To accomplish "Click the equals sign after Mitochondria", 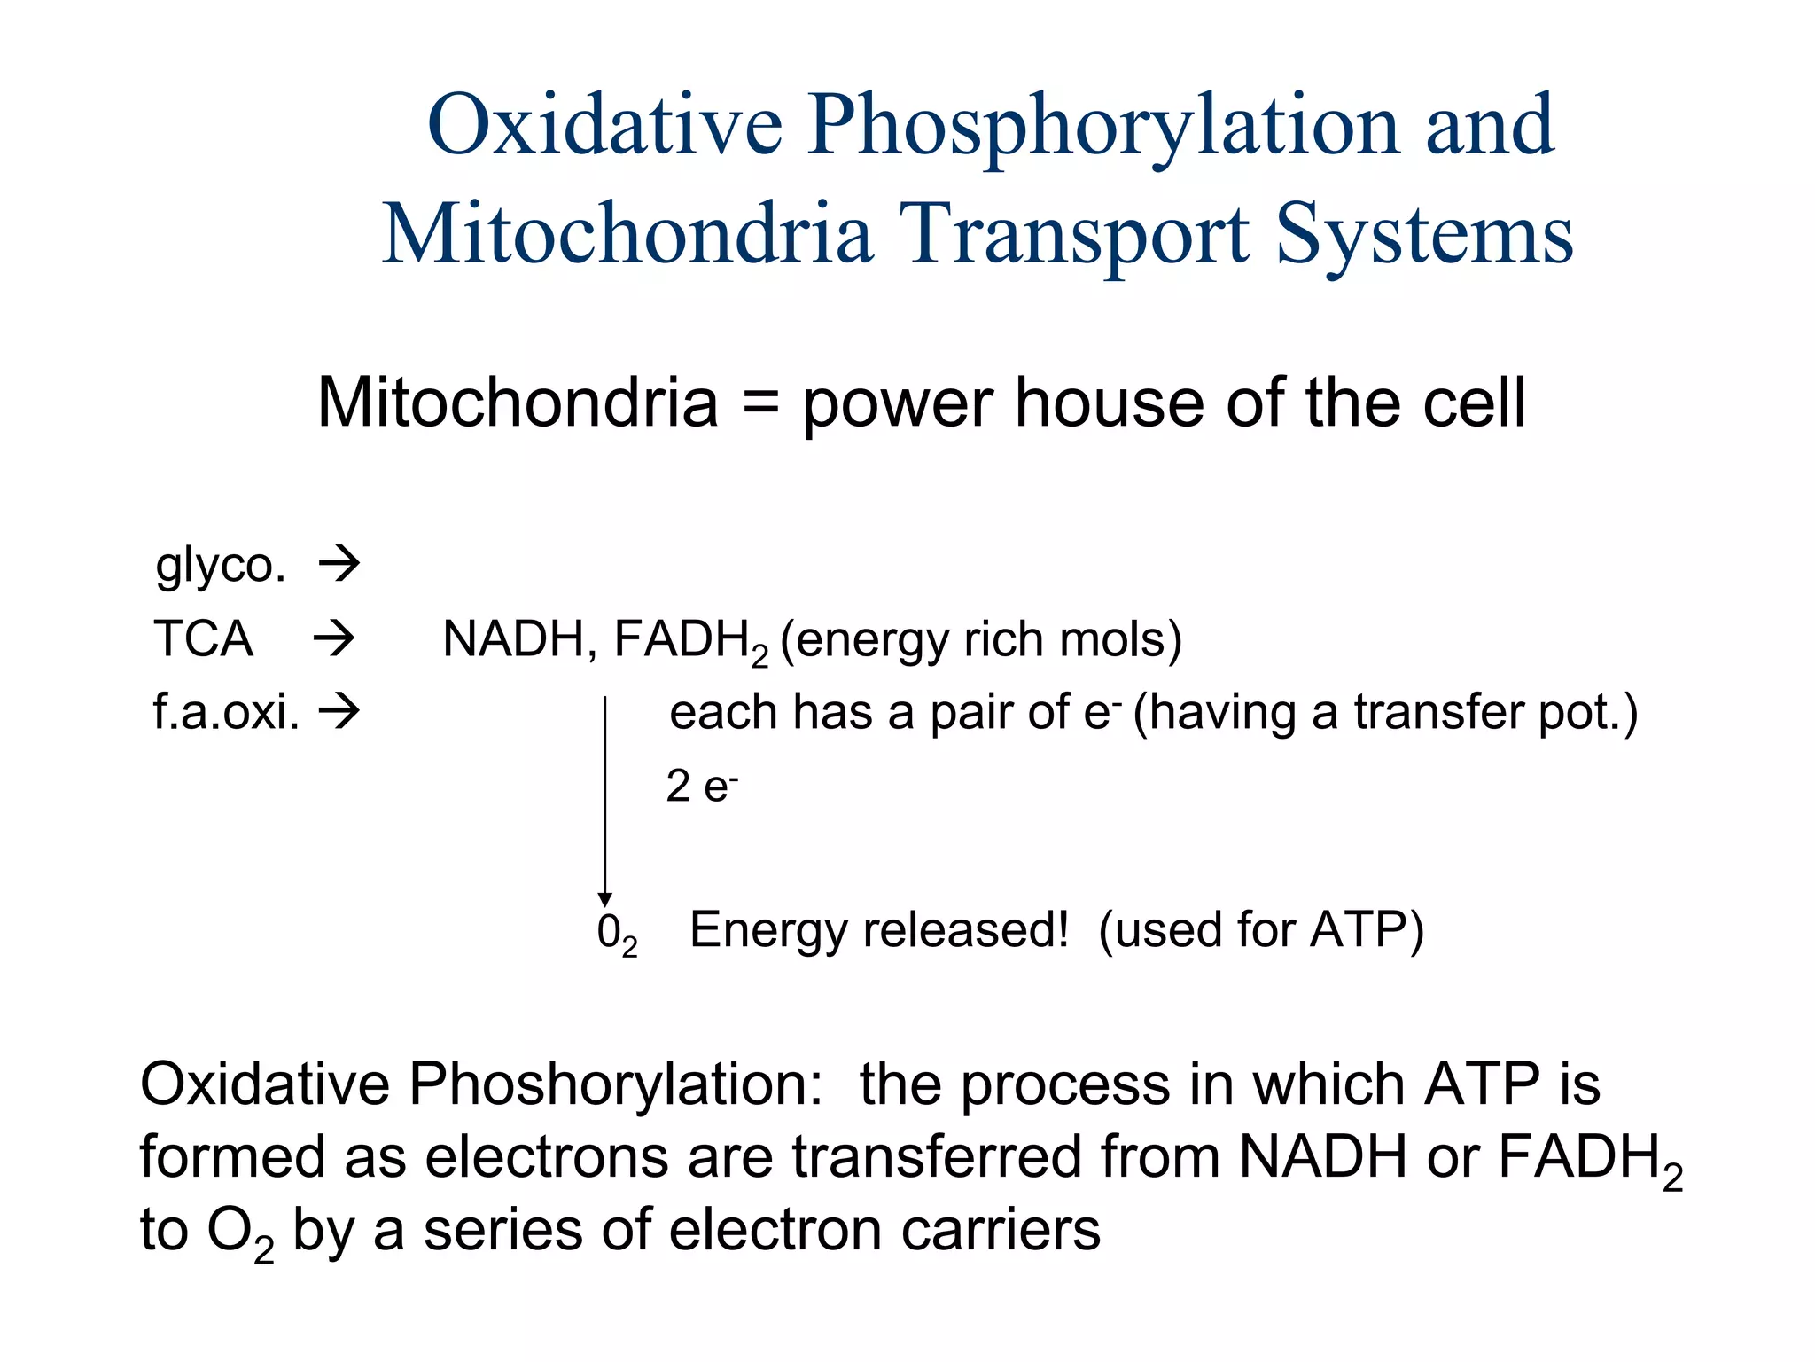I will coord(759,403).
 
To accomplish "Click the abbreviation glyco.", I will coord(221,566).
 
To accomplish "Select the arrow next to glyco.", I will coord(339,563).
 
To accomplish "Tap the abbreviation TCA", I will coord(203,638).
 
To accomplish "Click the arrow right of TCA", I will coord(334,638).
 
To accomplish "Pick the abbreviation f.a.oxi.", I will coord(226,712).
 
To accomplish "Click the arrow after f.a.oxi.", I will coord(339,710).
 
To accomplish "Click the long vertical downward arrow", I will coord(605,798).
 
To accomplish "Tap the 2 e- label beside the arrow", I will coord(701,787).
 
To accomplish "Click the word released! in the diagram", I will coord(967,930).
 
